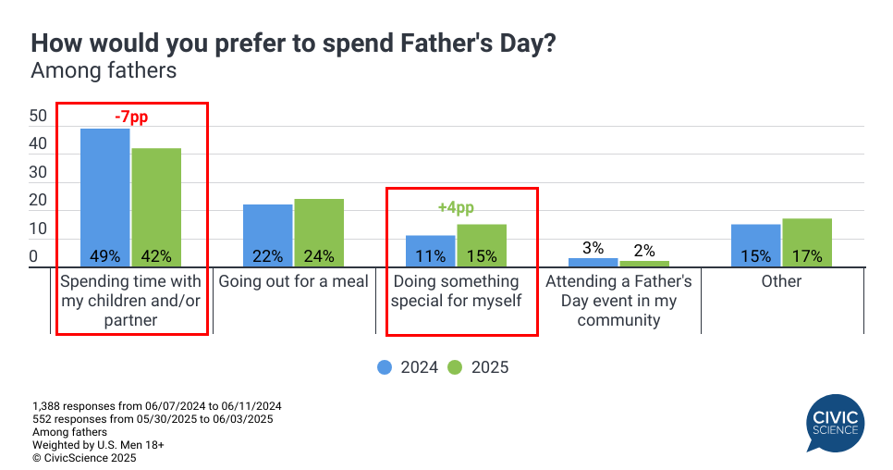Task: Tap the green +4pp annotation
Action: [456, 208]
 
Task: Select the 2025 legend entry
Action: [479, 367]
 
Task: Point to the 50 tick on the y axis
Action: [38, 117]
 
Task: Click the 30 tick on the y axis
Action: [38, 172]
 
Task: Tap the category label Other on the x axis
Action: [781, 281]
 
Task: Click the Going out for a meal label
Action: [293, 281]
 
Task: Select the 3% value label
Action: [593, 248]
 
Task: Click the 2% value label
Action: [644, 251]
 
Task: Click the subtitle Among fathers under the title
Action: [104, 70]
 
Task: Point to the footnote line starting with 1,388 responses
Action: [156, 406]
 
